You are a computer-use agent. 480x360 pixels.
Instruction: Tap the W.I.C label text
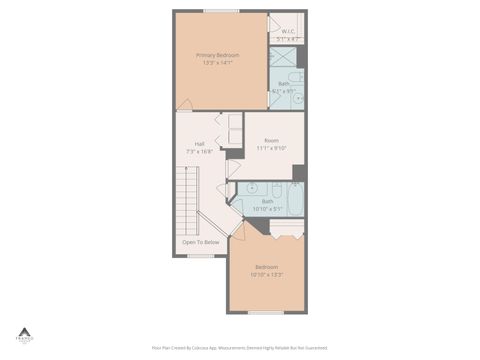tap(287, 32)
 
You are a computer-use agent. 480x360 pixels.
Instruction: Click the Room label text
tap(271, 140)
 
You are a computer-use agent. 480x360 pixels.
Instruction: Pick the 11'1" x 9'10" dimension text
tap(271, 148)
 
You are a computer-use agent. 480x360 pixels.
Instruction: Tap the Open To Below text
tap(200, 242)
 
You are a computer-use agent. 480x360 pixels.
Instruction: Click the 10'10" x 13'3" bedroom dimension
tap(267, 275)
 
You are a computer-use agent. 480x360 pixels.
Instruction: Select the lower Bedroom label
tap(267, 267)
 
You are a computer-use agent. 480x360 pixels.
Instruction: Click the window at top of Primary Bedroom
tap(220, 11)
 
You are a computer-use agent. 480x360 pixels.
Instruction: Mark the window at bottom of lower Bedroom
tap(266, 312)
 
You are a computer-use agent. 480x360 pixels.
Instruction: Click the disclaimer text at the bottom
tap(239, 348)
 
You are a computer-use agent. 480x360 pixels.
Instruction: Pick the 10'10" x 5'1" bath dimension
tap(267, 209)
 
